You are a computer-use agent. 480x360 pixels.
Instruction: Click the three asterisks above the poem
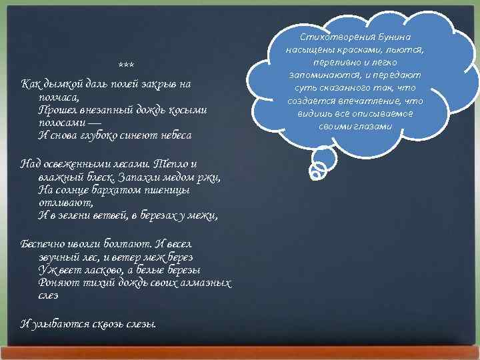[125, 65]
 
